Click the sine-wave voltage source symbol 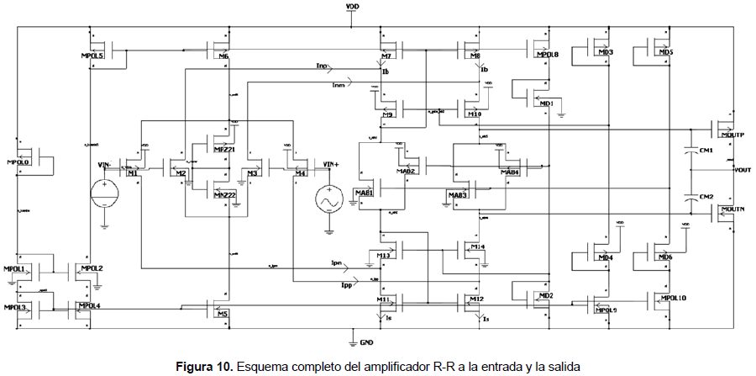[x=327, y=200]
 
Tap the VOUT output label [x=743, y=170]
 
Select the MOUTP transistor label [x=732, y=135]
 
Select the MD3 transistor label [x=605, y=53]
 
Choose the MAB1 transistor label [x=364, y=193]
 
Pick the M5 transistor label [x=223, y=314]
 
